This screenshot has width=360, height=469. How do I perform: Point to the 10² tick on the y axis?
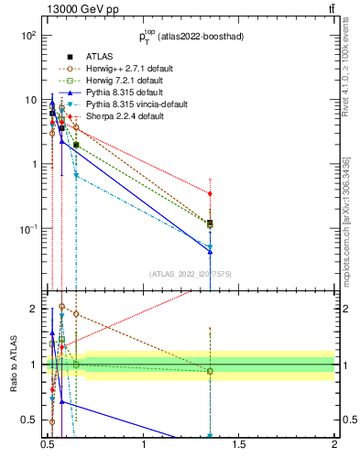tap(27, 36)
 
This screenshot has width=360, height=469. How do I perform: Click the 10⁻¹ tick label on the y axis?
tap(27, 229)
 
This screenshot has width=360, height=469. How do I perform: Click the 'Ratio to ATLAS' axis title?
tap(12, 365)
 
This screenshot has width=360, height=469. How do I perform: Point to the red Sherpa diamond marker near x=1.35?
tap(211, 194)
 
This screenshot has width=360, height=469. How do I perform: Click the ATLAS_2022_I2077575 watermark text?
tap(191, 274)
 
